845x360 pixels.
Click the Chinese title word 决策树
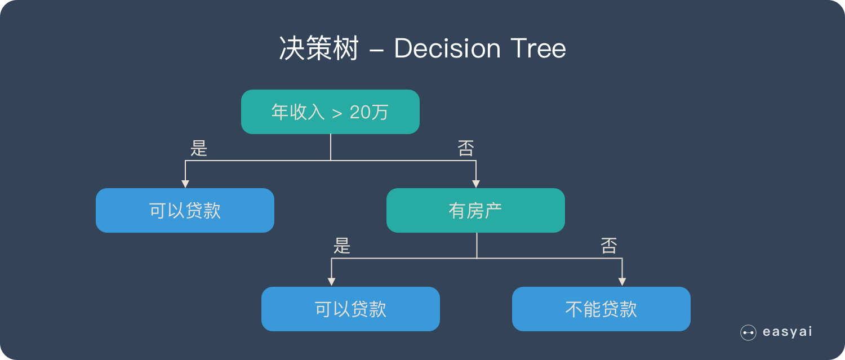[x=319, y=49]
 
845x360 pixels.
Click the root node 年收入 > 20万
[x=330, y=112]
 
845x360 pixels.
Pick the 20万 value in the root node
[x=369, y=113]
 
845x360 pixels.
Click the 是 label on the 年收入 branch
[x=199, y=148]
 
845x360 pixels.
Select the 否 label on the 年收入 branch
[x=465, y=148]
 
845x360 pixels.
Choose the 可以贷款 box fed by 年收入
[x=185, y=211]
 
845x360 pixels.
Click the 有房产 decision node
[x=475, y=211]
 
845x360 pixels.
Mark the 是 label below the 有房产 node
[x=342, y=246]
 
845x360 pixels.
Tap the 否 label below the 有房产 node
[x=609, y=246]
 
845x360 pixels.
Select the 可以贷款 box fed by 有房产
[x=350, y=309]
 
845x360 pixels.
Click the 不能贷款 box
[x=601, y=309]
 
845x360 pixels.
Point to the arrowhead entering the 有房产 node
[x=476, y=184]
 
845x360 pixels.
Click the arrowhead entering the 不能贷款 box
[x=622, y=282]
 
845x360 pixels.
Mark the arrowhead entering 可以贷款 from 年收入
[x=185, y=184]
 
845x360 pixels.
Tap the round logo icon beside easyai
[x=748, y=332]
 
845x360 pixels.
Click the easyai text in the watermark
[x=787, y=332]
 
